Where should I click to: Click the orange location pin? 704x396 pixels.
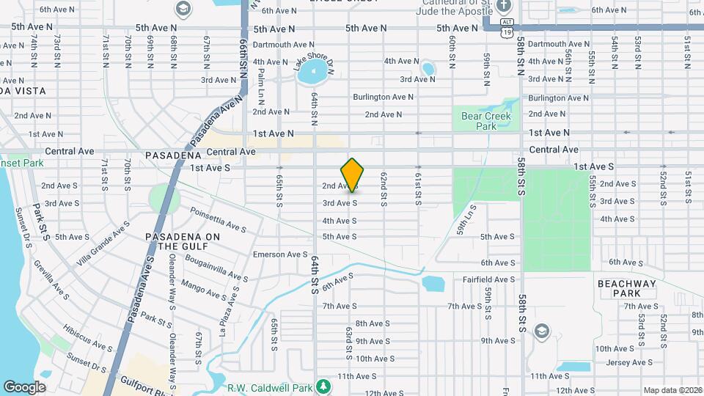pos(353,175)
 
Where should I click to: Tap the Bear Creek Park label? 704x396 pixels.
pos(480,121)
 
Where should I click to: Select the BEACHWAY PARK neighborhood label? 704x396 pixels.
pos(618,288)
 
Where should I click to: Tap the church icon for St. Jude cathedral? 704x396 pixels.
pos(502,7)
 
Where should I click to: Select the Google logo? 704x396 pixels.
pos(24,386)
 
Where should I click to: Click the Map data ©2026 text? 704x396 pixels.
pos(672,390)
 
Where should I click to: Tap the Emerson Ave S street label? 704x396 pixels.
pos(280,254)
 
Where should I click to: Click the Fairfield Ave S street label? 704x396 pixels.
pos(488,279)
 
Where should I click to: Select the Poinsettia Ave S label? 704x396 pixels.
pos(218,218)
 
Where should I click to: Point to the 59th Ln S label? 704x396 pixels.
pos(467,218)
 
